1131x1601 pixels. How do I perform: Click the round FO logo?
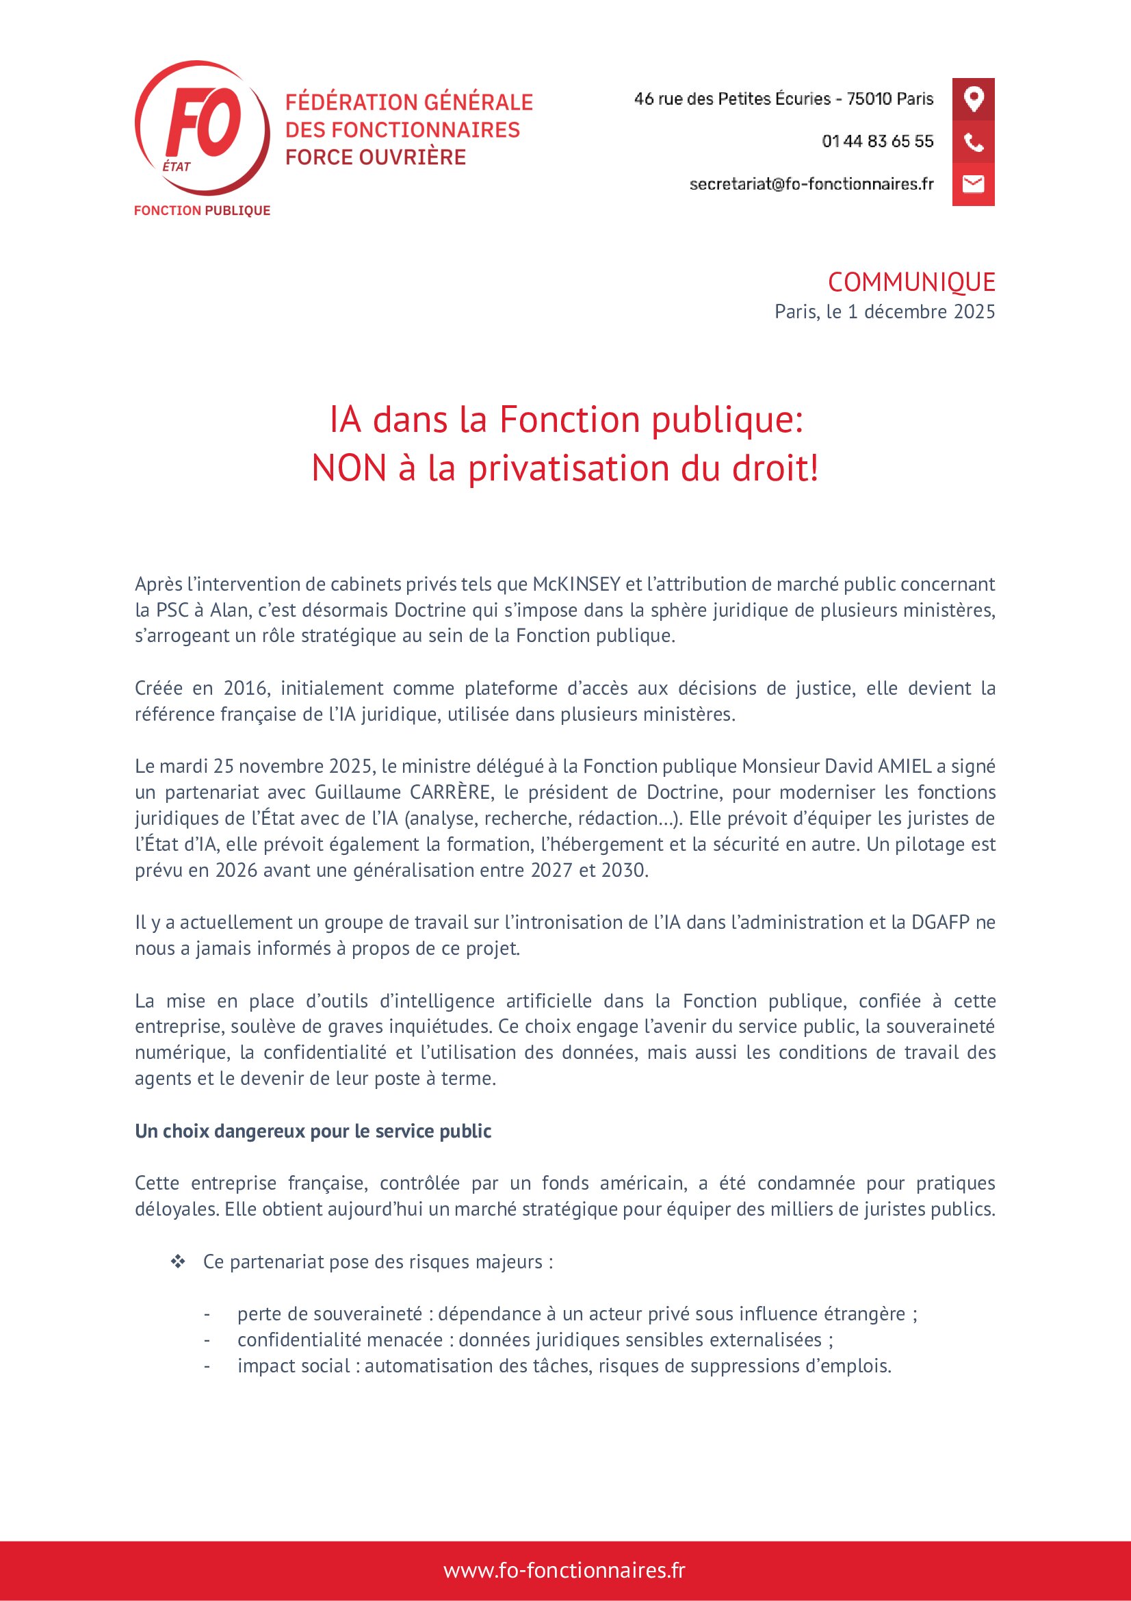coord(202,127)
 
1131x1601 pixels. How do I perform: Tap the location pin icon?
coord(973,99)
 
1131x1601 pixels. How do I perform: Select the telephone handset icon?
coord(973,142)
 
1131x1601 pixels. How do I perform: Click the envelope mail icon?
coord(973,184)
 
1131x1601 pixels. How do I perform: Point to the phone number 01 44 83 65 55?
coord(877,142)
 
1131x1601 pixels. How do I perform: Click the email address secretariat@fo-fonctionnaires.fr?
coord(811,184)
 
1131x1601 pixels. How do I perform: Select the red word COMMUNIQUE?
coord(911,283)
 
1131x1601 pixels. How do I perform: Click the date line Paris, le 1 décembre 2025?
coord(884,311)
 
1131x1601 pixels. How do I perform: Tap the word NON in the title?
coord(348,468)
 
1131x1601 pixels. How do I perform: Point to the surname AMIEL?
coord(905,767)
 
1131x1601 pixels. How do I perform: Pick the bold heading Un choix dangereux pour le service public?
coord(313,1131)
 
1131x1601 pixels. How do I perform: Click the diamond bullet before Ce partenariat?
coord(178,1261)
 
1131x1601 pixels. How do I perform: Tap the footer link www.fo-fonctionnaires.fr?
coord(564,1570)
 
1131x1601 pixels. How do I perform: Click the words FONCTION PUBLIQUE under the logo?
coord(202,211)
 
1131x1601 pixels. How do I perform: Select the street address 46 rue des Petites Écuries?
coord(732,99)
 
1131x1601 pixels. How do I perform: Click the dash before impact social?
coord(207,1366)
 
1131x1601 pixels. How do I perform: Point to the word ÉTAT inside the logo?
coord(177,166)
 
